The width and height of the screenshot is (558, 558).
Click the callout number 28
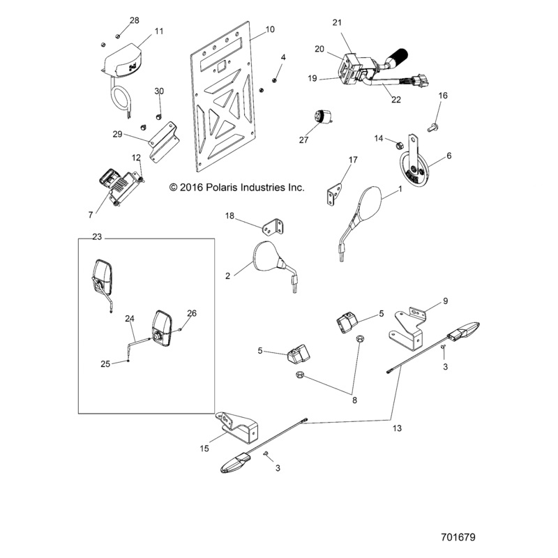pyautogui.click(x=135, y=20)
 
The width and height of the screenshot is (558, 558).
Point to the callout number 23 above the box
pyautogui.click(x=97, y=237)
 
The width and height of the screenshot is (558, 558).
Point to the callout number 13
pyautogui.click(x=398, y=428)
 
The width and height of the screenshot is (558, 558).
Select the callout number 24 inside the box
pyautogui.click(x=129, y=319)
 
